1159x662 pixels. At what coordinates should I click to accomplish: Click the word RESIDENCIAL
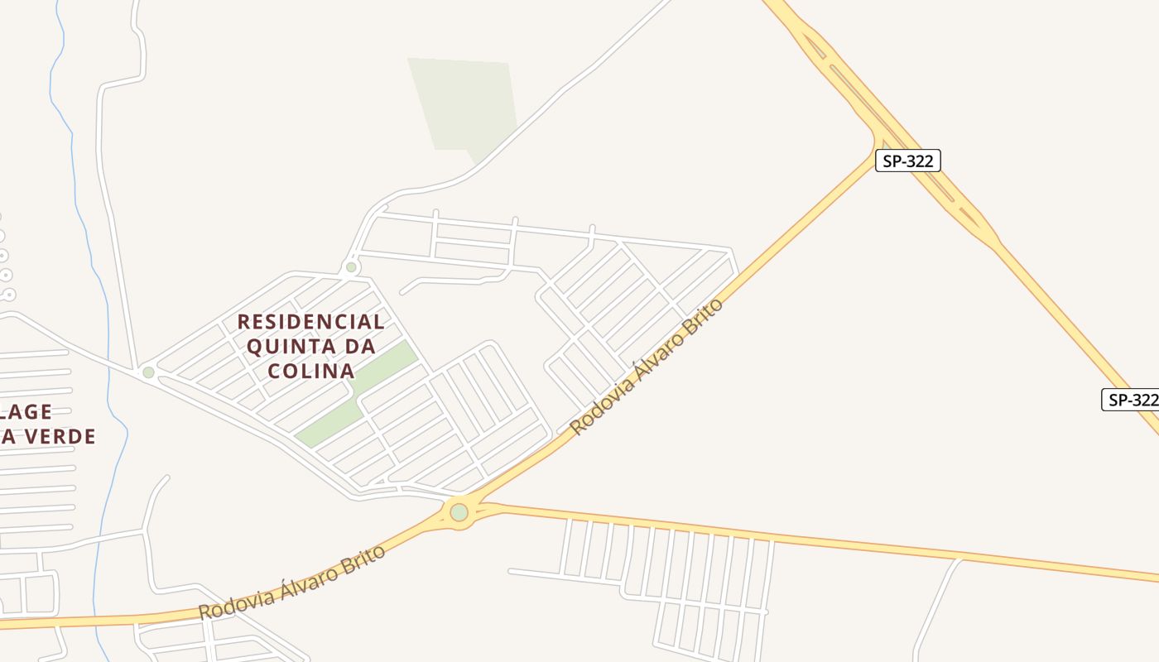tap(311, 321)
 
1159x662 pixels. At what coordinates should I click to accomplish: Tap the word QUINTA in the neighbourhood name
tap(289, 346)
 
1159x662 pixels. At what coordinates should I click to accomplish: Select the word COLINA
tap(311, 371)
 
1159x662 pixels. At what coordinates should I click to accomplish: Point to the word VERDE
tap(60, 436)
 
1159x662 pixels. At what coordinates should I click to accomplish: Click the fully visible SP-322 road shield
tap(908, 161)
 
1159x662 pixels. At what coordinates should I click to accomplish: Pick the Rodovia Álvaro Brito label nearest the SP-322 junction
tap(647, 366)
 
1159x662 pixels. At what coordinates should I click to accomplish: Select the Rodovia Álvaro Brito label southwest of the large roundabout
tap(292, 583)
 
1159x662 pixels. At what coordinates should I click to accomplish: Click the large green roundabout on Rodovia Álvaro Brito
tap(459, 512)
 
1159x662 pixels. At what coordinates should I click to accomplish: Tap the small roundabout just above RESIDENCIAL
tap(351, 267)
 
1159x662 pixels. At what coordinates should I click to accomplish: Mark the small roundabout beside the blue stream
tap(148, 372)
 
